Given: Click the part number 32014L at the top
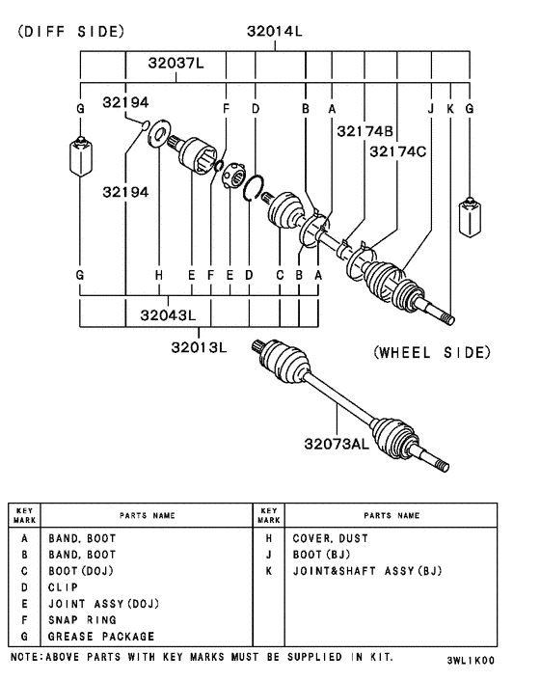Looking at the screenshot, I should pos(274,31).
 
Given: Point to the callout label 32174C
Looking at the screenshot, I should pos(398,151).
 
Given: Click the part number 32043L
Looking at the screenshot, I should pos(168,314).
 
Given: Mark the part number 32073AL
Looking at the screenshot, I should pos(337,444).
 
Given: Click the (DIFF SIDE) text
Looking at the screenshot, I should pos(70,31).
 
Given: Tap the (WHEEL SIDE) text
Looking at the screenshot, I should pos(432,352).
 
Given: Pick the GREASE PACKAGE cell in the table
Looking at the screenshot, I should pos(101,637).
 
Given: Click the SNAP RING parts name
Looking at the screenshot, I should pos(82,620).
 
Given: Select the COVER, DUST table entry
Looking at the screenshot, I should pos(331,538).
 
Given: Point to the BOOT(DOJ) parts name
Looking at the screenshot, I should pos(81,571).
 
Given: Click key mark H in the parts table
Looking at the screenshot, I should pos(268,538).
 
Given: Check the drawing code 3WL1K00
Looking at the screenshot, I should pos(471,662).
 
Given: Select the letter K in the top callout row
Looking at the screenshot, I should pos(449,109).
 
